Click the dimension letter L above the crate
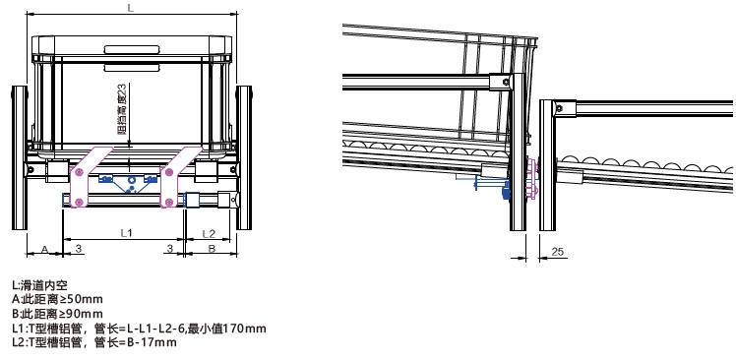(131, 9)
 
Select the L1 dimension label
(127, 233)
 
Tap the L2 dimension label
(209, 233)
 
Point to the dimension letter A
(44, 249)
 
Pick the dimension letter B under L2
(212, 248)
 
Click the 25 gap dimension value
(557, 252)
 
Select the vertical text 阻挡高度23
(123, 110)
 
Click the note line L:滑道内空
(39, 284)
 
